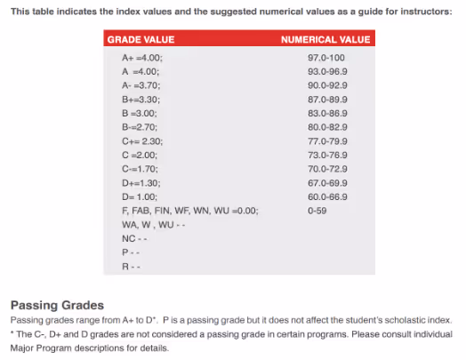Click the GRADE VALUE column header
[141, 40]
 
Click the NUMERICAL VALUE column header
[325, 40]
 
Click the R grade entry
[131, 267]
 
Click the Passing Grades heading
[57, 305]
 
